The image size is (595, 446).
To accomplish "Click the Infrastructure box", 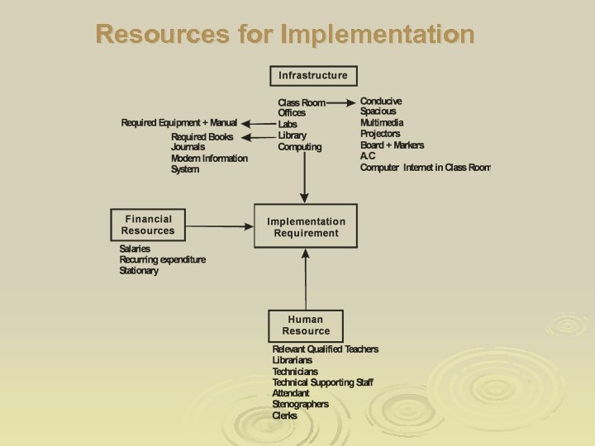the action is point(313,76).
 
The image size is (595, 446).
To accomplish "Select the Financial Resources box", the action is point(148,225).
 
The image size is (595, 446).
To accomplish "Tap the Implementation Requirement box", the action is point(306,227).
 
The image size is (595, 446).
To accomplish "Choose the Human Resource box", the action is point(306,325).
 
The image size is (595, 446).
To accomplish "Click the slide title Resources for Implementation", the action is point(285,35).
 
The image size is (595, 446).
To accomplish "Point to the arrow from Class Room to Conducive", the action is point(341,103).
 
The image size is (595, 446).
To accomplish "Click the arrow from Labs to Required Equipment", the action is point(257,124).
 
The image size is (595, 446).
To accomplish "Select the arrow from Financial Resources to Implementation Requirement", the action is point(220,225).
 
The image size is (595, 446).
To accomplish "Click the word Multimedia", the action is point(382,123).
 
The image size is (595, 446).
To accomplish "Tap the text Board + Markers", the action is point(392,145).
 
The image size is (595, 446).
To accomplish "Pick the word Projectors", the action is point(380,134).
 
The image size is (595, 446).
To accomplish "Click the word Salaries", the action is point(135,249).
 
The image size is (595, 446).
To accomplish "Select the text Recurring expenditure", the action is point(162,259).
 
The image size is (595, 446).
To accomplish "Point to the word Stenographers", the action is point(300,405).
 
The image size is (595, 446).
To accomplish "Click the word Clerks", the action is point(284,415).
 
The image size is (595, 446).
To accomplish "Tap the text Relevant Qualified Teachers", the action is point(325,349).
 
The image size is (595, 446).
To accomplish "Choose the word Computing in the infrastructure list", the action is point(300,147).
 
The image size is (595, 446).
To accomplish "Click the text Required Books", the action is point(202,137).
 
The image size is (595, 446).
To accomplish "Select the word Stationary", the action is point(139,271).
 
